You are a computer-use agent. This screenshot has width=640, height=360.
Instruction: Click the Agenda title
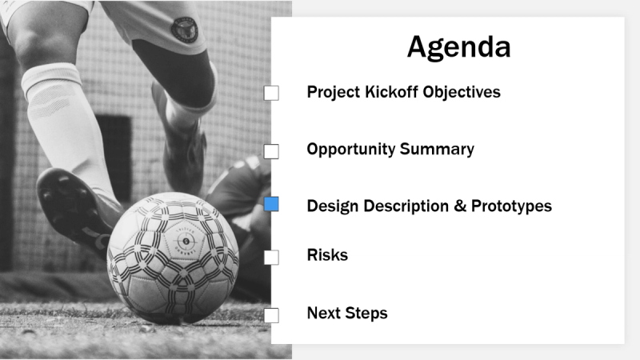[458, 46]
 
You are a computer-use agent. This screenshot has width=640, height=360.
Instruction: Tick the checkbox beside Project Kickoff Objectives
[271, 93]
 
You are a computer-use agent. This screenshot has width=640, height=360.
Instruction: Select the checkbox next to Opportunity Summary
[271, 150]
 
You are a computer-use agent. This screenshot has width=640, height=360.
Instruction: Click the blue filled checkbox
[271, 205]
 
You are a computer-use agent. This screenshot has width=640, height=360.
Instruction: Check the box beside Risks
[271, 257]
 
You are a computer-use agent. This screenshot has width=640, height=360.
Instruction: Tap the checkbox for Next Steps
[271, 314]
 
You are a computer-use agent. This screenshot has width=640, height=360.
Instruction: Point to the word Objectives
[461, 92]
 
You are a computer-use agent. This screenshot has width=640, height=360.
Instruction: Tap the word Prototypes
[511, 206]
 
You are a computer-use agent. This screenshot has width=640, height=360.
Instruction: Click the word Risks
[327, 255]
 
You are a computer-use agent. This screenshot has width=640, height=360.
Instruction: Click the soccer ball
[173, 255]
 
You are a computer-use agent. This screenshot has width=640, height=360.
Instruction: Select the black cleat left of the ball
[72, 208]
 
